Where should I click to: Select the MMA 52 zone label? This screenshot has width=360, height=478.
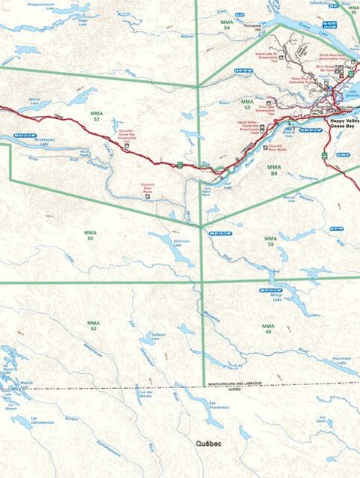96,117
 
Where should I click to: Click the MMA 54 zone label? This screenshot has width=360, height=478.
227,25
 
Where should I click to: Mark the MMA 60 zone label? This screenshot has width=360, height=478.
89,235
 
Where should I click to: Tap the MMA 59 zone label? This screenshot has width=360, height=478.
270,241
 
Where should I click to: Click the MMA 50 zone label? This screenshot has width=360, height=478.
93,327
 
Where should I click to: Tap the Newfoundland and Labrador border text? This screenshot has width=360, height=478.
235,383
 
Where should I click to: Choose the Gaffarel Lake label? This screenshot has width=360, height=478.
158,336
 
